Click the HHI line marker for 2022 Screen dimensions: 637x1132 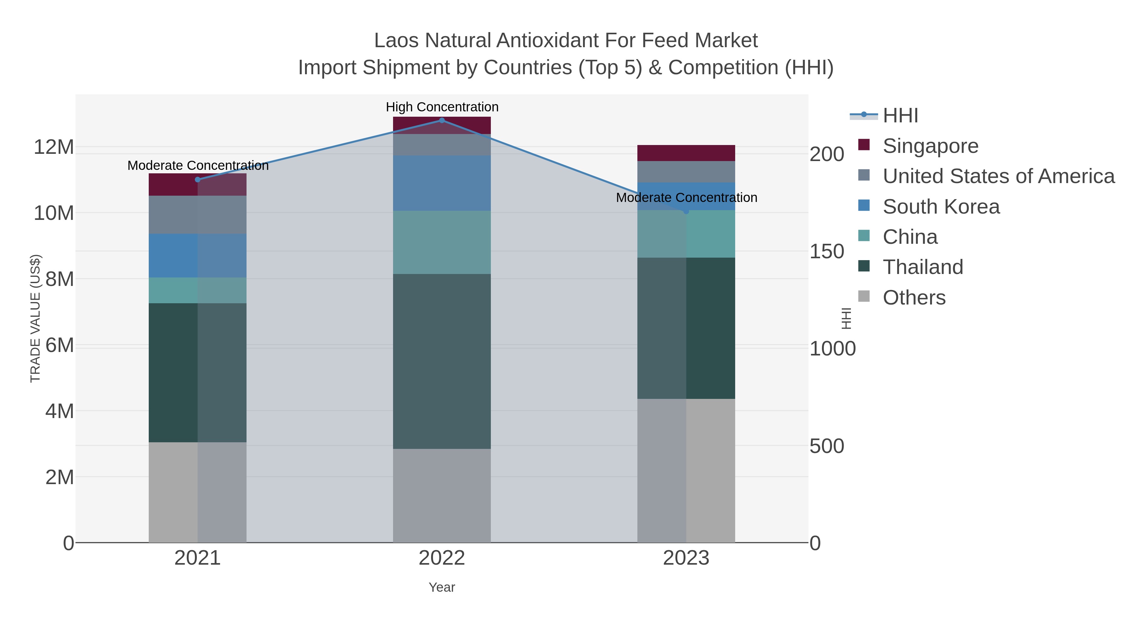[x=442, y=120]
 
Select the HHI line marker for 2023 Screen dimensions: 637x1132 [x=686, y=211]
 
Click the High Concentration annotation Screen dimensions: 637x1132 [x=442, y=107]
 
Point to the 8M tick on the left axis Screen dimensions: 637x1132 [x=59, y=279]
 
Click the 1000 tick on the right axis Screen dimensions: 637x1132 [x=832, y=349]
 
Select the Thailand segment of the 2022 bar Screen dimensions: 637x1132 [x=442, y=361]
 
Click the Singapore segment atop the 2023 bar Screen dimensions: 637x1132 [x=686, y=153]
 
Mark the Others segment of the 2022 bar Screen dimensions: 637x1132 [x=442, y=495]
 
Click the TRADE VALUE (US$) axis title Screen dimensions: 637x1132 [x=35, y=318]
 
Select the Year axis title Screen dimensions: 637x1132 [x=442, y=587]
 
